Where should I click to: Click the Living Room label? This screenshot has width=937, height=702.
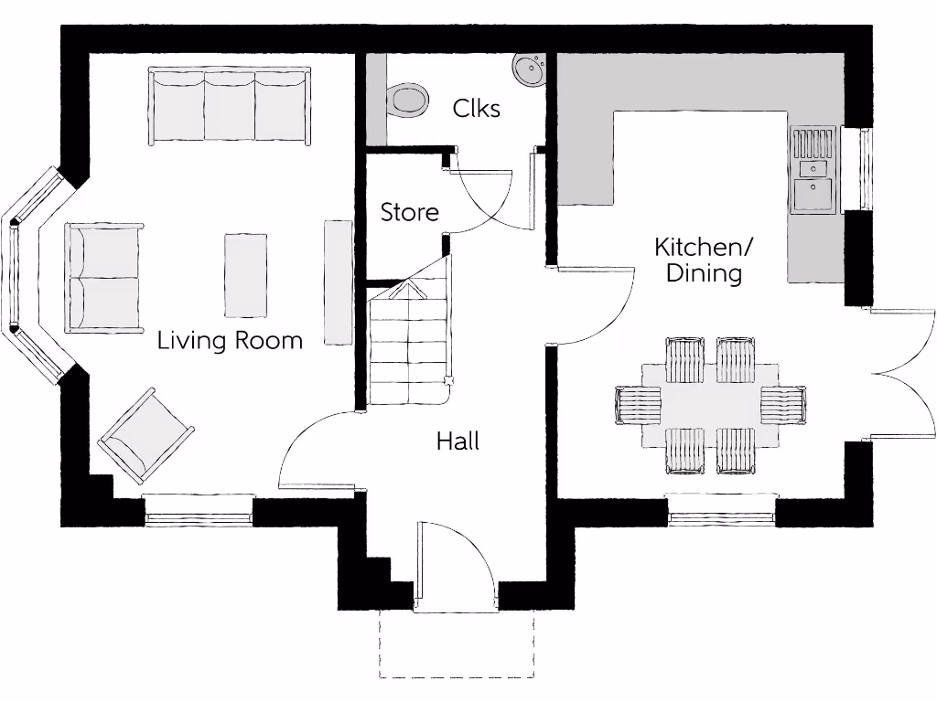(x=230, y=341)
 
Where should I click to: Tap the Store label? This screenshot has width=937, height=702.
(x=410, y=212)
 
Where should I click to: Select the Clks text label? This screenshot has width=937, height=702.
(x=476, y=109)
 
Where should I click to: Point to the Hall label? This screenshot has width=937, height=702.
(x=458, y=441)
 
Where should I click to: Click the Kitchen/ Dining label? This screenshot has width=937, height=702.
(x=704, y=260)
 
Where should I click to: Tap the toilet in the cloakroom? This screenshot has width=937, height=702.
(x=407, y=100)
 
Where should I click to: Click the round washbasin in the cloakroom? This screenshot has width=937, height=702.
(x=529, y=69)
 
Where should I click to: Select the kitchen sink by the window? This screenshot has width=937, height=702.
(x=813, y=170)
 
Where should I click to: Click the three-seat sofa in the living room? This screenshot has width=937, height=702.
(x=230, y=105)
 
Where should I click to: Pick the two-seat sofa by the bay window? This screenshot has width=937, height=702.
(x=104, y=278)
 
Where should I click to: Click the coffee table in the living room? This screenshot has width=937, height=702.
(x=245, y=274)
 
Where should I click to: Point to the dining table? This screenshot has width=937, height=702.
(x=710, y=406)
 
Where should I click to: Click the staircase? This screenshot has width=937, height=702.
(x=409, y=342)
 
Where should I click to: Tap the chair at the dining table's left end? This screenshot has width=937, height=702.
(x=638, y=405)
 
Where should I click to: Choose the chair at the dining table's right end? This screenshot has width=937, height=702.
(x=783, y=405)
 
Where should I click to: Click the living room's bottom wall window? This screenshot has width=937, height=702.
(x=199, y=510)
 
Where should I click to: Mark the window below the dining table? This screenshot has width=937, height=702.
(x=722, y=510)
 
